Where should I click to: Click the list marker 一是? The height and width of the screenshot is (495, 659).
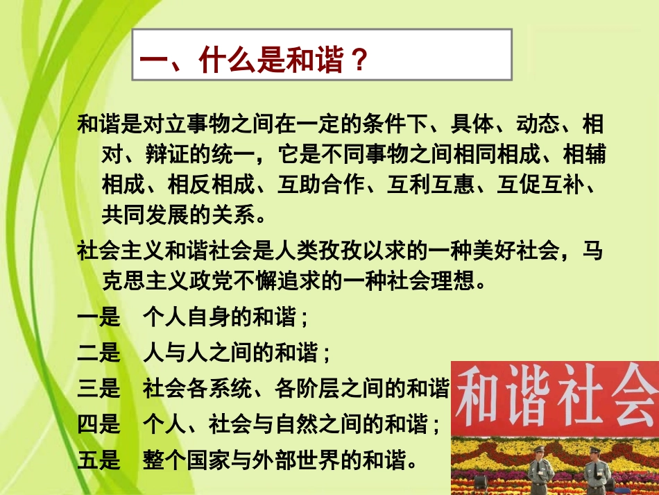pos(99,318)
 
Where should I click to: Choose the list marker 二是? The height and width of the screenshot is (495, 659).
pos(99,354)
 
